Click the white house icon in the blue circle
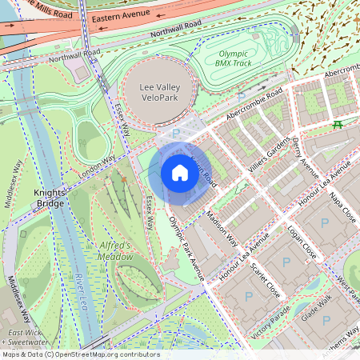(180, 173)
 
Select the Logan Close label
(303, 243)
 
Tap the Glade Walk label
(315, 306)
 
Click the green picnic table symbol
(338, 125)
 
